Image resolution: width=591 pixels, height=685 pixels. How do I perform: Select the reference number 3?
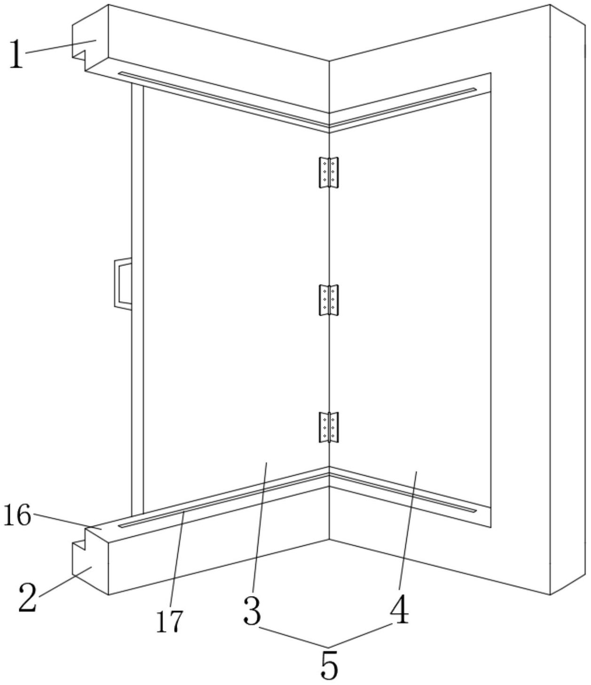(252, 611)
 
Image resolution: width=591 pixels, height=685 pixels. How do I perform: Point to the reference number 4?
(400, 611)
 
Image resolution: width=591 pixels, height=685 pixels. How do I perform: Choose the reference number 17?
(169, 621)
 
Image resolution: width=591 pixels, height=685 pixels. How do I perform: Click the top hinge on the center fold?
(329, 172)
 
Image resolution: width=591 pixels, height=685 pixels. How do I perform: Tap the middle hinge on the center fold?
(329, 300)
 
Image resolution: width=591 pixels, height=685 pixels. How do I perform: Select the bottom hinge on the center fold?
(329, 427)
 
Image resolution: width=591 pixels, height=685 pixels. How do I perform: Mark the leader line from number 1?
(61, 47)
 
